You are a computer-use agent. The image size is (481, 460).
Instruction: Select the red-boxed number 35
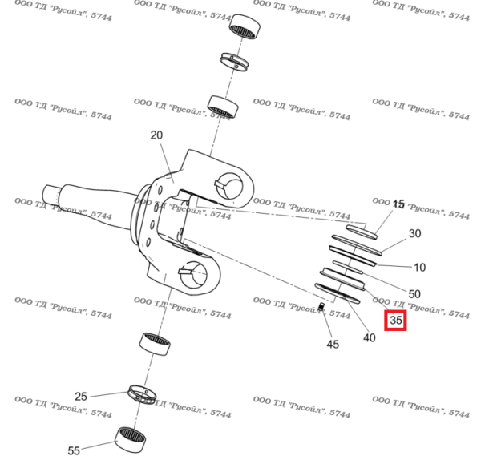[395, 321]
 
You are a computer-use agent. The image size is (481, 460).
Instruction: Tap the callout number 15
[398, 205]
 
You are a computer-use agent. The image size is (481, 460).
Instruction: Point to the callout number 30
[414, 234]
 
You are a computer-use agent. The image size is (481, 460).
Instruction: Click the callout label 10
[419, 267]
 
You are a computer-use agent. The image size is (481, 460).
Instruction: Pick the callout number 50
[414, 293]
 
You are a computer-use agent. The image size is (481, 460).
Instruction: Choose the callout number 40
[369, 337]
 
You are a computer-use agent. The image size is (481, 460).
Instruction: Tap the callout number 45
[333, 345]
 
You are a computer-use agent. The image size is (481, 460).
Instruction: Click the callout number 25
[81, 397]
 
